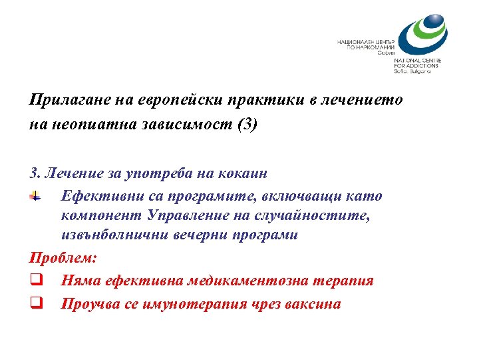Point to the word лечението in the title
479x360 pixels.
pyautogui.click(x=363, y=100)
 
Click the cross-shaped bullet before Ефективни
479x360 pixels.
pyautogui.click(x=35, y=196)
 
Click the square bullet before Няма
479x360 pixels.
pyautogui.click(x=35, y=281)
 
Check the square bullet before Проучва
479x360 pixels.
pyautogui.click(x=35, y=303)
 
